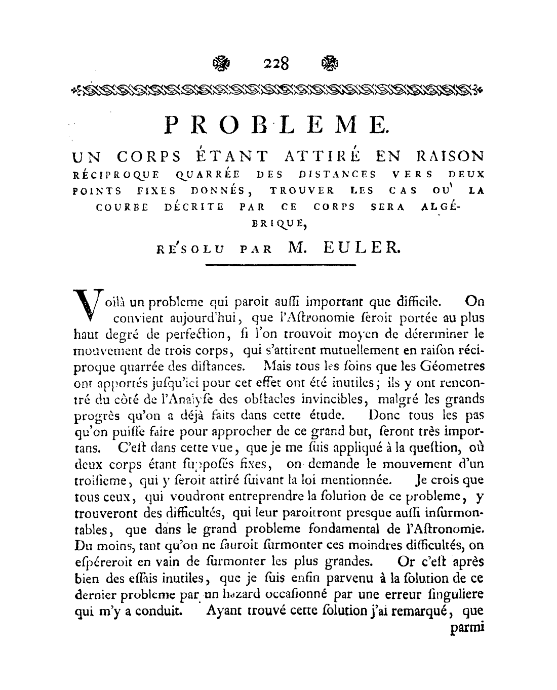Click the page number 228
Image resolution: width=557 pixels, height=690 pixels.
pos(276,64)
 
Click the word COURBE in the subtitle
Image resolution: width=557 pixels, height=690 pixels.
pos(123,208)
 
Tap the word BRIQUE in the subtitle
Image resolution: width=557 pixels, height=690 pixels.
pos(277,221)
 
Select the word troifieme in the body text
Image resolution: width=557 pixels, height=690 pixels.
pos(101,480)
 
